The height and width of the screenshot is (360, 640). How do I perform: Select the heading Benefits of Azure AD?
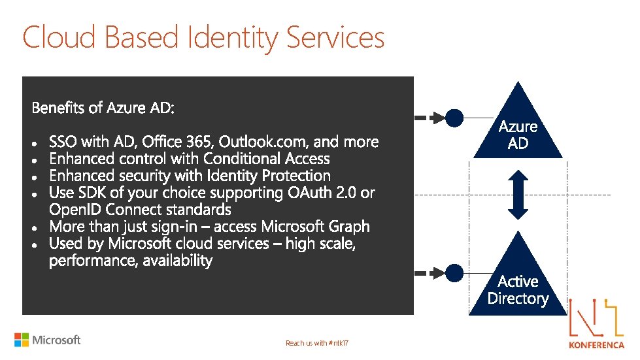[x=103, y=108]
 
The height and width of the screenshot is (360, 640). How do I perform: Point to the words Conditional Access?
[x=267, y=159]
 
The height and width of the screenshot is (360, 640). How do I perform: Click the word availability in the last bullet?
[x=177, y=261]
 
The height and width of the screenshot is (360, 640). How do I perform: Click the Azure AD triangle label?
[x=518, y=135]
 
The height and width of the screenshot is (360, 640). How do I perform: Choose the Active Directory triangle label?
[x=518, y=290]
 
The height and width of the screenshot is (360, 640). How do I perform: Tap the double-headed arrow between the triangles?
[x=518, y=195]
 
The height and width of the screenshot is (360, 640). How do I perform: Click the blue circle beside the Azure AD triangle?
[x=454, y=118]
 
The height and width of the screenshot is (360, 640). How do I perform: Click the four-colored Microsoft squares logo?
[x=22, y=340]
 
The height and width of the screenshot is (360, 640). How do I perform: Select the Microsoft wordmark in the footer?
[x=56, y=340]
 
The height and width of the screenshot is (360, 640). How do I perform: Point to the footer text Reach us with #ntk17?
[x=317, y=343]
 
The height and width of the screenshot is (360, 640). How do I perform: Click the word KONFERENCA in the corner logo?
[x=597, y=344]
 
